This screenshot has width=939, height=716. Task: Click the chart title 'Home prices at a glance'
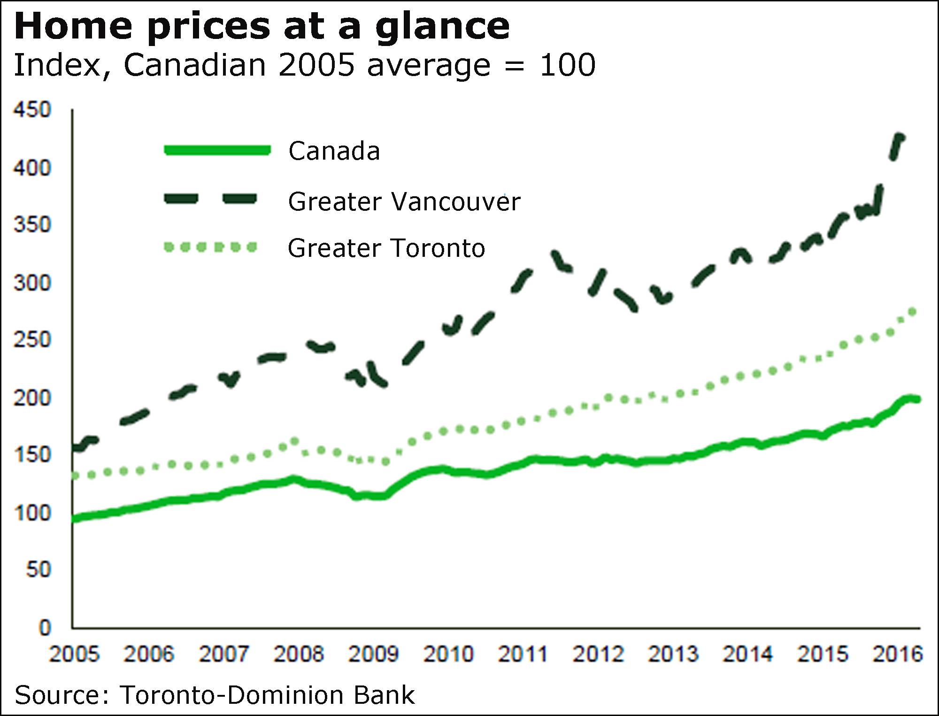[262, 26]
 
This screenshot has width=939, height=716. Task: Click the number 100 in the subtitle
[568, 65]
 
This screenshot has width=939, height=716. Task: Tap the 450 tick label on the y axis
[32, 110]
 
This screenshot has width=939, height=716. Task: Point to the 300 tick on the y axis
[32, 283]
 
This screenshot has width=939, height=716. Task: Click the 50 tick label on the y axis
[38, 570]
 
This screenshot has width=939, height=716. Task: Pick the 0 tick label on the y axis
[45, 627]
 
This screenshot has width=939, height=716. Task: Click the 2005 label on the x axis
[74, 654]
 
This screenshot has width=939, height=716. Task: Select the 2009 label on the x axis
[373, 654]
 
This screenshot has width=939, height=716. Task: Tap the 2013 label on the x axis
[673, 654]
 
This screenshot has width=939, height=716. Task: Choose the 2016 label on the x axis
[898, 654]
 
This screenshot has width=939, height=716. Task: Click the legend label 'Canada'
[334, 151]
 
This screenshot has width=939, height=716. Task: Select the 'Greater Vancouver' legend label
[404, 202]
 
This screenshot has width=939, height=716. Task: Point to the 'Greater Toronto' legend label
[386, 248]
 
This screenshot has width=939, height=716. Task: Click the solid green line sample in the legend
[217, 150]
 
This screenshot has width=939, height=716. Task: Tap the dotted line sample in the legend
[210, 247]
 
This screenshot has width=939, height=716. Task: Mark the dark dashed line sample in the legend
[210, 199]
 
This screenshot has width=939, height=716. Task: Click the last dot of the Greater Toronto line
[913, 312]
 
